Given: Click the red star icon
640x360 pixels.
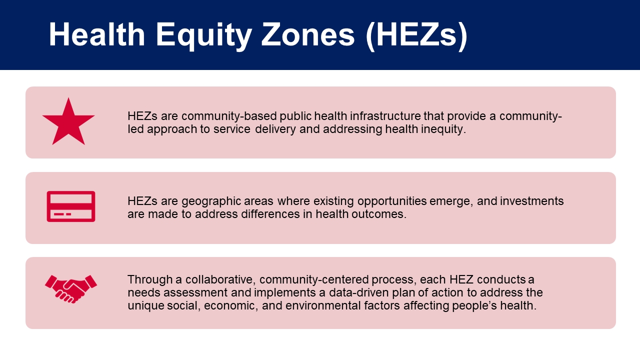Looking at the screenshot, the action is (x=68, y=123).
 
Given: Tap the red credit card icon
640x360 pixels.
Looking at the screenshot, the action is (x=71, y=206).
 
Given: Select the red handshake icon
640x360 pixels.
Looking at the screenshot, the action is (x=71, y=289).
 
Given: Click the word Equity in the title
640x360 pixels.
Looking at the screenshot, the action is (x=203, y=35).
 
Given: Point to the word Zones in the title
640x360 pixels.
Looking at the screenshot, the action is (x=307, y=35).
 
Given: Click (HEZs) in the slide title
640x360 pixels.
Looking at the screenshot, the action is (x=416, y=36).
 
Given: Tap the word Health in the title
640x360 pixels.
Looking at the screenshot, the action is (x=97, y=34).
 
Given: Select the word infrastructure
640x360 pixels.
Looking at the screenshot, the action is (x=385, y=116).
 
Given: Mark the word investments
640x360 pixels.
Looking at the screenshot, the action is (x=531, y=201).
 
